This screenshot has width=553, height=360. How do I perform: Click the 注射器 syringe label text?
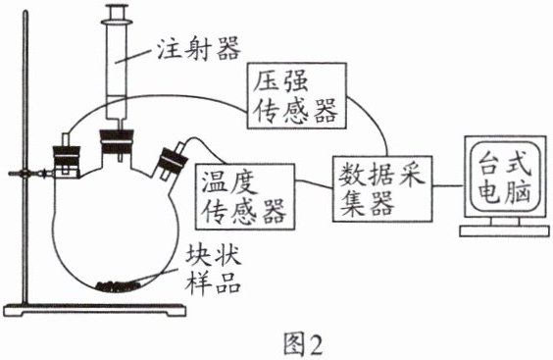pos(199,48)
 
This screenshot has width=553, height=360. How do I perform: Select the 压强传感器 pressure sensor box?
pos(297,96)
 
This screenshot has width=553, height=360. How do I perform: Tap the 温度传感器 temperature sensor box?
pos(245,196)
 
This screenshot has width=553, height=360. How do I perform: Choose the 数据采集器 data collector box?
pos(382,188)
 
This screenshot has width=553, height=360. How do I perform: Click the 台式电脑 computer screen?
pos(505,177)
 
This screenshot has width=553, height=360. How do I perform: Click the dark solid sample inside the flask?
pos(117,285)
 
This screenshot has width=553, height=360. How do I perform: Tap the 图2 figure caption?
pos(303,345)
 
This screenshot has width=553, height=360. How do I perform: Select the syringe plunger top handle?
pos(117,13)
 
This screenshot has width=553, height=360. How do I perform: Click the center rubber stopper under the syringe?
pos(117,141)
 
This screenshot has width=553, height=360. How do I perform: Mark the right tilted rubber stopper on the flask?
pos(174,160)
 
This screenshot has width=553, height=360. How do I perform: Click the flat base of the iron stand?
pos(94,310)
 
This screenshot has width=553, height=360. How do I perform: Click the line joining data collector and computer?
pos(448,185)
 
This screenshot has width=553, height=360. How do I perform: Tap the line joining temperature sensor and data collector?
pos(314,183)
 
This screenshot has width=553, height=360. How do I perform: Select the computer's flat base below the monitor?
pos(504,231)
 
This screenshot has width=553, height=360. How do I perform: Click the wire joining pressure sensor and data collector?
pos(375,120)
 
